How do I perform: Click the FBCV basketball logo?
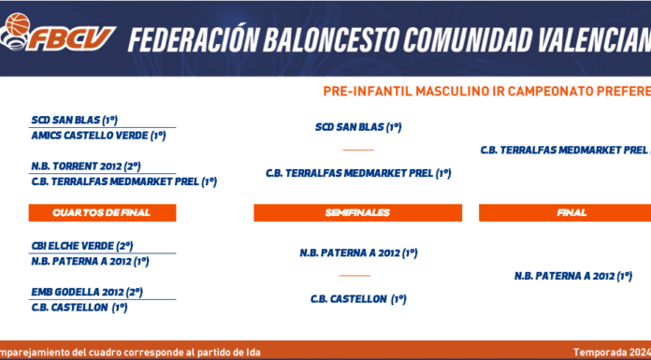pos(57,33)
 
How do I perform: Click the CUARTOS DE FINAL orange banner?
pos(102,212)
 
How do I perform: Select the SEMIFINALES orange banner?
pos(357,212)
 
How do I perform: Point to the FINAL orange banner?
pos(565,212)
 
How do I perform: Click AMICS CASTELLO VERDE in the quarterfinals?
pos(99,136)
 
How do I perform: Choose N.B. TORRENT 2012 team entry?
pos(86,166)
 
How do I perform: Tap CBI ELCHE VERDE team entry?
pos(82,246)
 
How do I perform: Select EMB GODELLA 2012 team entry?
pos(87,292)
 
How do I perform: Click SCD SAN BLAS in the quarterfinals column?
pos(75,121)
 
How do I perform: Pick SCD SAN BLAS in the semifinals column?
pos(358,127)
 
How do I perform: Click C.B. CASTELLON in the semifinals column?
pos(358,299)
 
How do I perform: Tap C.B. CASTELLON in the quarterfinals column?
pos(80,308)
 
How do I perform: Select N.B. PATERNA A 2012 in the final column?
pos(573,276)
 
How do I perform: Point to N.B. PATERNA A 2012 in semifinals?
pos(359,252)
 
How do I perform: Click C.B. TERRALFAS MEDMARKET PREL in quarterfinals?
pos(124,181)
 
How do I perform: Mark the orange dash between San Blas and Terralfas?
pos(358,150)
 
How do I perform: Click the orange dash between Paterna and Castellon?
pos(354,276)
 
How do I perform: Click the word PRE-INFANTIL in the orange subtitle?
pos(368,92)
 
